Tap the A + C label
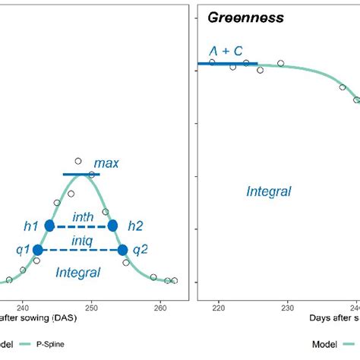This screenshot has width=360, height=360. (226, 51)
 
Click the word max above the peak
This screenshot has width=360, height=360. (106, 163)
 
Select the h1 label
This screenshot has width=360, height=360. (30, 226)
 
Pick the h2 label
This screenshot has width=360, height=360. (135, 226)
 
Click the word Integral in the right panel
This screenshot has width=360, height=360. (268, 192)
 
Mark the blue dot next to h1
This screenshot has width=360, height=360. (50, 226)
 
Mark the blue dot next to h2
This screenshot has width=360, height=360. (113, 226)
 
